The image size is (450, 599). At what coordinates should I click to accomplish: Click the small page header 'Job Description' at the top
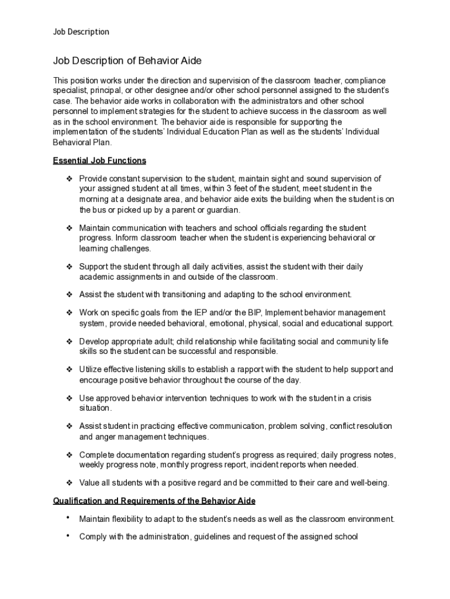coord(81,32)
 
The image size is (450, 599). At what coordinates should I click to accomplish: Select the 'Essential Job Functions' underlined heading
coord(99,160)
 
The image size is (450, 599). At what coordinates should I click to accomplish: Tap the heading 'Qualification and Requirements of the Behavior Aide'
coord(154,501)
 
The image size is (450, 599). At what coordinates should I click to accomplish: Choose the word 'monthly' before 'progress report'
coord(179,464)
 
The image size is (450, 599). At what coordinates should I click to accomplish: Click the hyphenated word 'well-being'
coord(369,483)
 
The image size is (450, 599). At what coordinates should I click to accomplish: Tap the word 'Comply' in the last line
coord(92,536)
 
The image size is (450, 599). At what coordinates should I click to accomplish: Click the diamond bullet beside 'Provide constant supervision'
coord(69,178)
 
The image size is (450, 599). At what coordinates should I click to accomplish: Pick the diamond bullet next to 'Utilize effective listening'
coord(69,369)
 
